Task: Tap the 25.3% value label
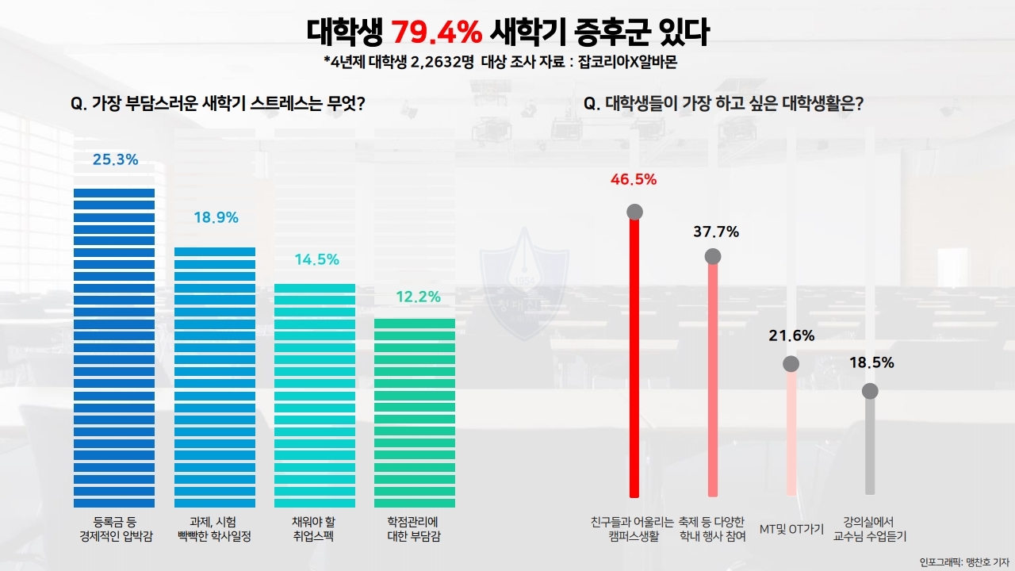[115, 159]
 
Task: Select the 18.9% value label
[216, 217]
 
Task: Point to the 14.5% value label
[316, 259]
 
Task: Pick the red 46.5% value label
[634, 179]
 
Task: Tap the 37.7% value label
[715, 232]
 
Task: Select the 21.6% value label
[791, 335]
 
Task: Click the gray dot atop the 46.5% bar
[634, 212]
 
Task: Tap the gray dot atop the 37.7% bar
[713, 256]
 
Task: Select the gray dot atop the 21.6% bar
[791, 364]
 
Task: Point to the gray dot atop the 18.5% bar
[870, 391]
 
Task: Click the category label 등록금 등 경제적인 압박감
[114, 529]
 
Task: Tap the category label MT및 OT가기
[791, 529]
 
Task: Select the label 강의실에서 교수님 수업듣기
[869, 529]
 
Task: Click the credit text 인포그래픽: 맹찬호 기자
[963, 562]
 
